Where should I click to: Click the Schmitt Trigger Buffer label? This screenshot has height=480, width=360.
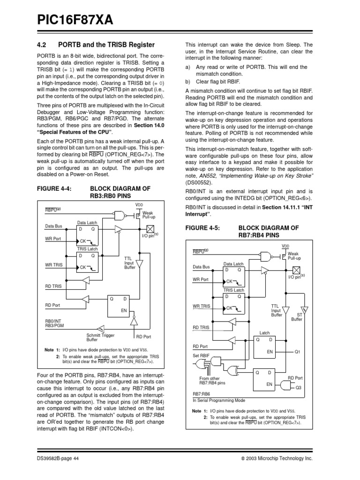point(100,337)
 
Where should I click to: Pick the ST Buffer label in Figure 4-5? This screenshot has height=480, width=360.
point(297,317)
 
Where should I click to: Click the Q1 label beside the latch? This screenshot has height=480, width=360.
point(297,352)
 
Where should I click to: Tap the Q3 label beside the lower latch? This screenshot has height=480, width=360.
point(298,388)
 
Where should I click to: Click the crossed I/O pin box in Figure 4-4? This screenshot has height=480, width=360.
point(150,229)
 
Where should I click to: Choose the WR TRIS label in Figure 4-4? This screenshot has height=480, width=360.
point(54,265)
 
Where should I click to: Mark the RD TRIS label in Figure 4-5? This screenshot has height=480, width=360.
point(201,328)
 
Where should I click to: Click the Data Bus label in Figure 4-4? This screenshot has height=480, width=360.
point(53,226)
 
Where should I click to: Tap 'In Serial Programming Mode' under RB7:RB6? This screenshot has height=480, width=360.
point(218,400)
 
